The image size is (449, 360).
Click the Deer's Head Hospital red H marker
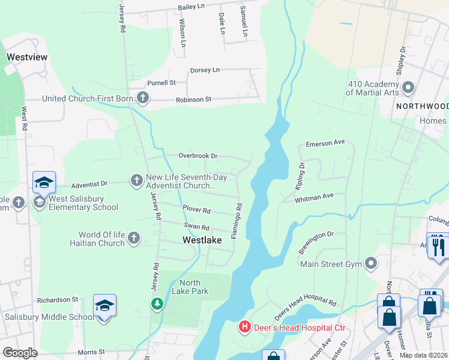click(x=245, y=327)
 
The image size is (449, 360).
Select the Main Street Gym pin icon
click(x=371, y=262)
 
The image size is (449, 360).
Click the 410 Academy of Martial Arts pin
click(x=408, y=88)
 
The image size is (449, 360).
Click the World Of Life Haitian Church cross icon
click(x=134, y=238)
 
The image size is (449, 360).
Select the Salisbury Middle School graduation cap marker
click(x=104, y=307)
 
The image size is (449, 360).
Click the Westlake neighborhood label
click(x=202, y=239)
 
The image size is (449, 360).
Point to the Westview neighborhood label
click(x=27, y=57)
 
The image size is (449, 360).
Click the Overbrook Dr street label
click(x=197, y=156)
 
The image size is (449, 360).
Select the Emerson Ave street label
click(x=325, y=143)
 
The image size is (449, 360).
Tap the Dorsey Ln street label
click(x=205, y=70)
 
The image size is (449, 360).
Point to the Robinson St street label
click(x=193, y=99)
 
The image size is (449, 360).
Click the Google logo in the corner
click(x=19, y=353)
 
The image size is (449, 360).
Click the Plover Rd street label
click(x=196, y=211)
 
